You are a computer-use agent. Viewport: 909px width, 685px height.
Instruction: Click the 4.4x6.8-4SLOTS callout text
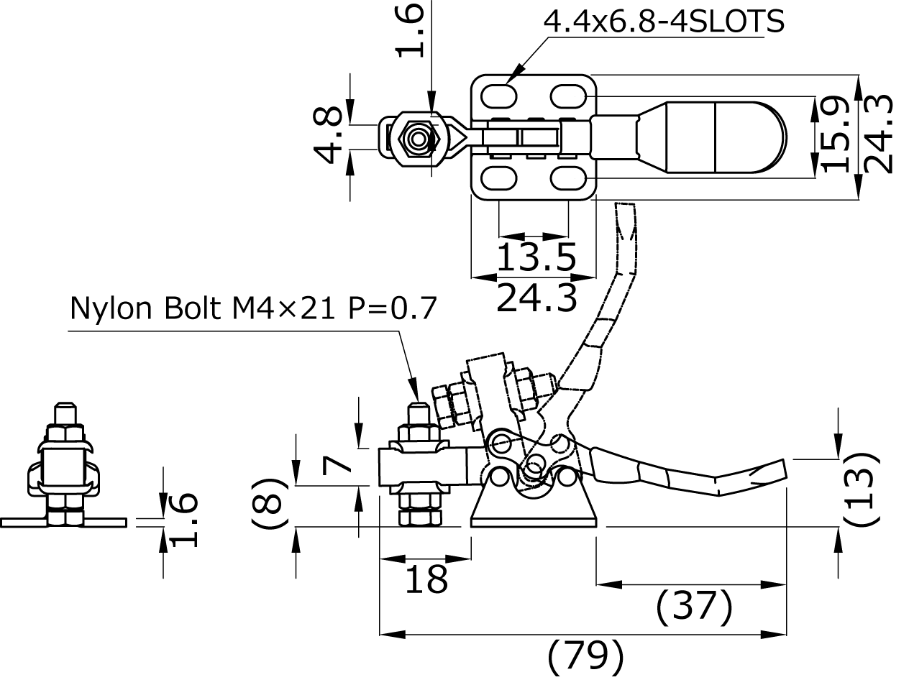pyautogui.click(x=664, y=22)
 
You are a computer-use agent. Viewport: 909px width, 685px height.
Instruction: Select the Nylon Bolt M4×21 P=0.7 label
pyautogui.click(x=253, y=308)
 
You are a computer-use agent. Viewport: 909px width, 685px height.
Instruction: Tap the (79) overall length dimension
pyautogui.click(x=585, y=656)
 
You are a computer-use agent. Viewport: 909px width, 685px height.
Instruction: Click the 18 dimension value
pyautogui.click(x=426, y=579)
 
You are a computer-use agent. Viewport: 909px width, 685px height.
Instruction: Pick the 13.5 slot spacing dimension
pyautogui.click(x=536, y=257)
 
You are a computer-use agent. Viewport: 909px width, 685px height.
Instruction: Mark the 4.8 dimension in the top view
pyautogui.click(x=328, y=134)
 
